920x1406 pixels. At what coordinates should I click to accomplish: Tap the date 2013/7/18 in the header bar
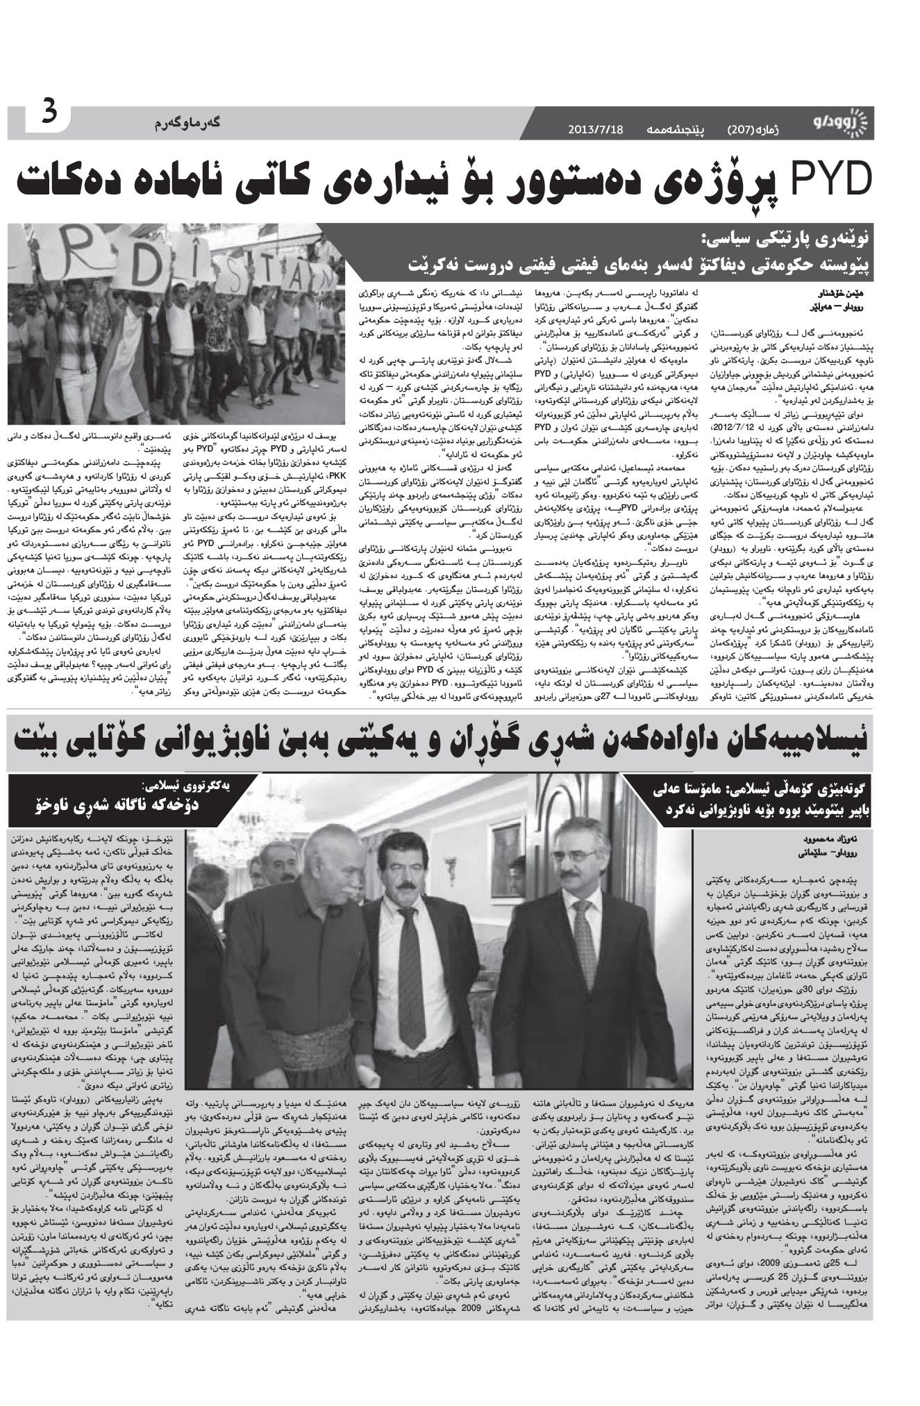pos(596,130)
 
